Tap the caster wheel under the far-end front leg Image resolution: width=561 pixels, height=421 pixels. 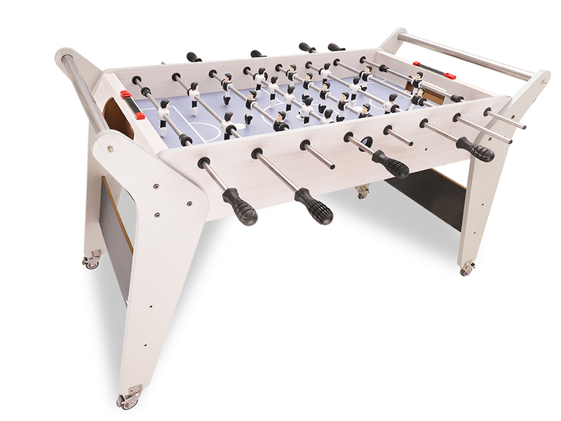coord(467,269)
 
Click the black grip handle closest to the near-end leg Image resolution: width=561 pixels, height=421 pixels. coord(239,207)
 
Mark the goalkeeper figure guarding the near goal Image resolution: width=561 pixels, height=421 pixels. coord(164,112)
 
